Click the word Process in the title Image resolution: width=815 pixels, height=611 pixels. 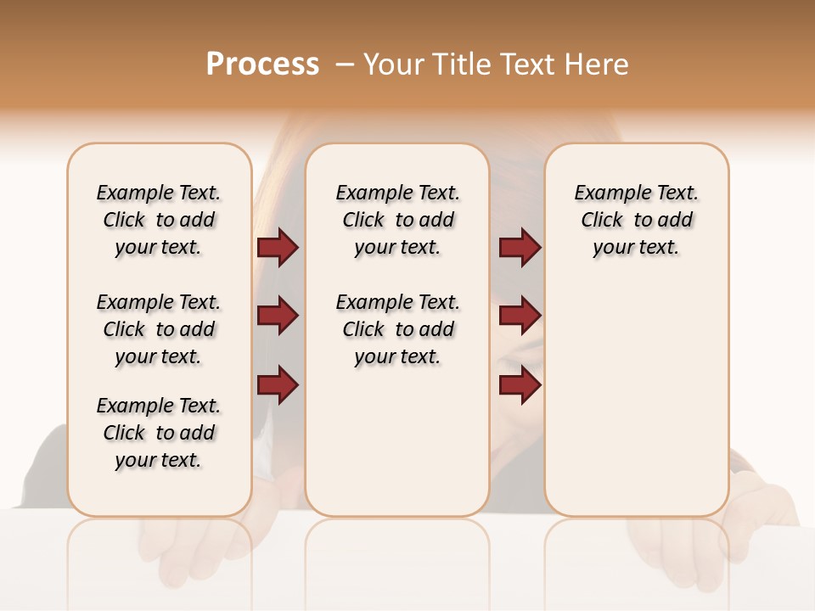pos(262,64)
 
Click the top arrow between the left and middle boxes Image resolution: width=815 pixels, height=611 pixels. pos(278,247)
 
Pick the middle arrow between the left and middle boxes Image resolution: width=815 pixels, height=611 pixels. pos(278,316)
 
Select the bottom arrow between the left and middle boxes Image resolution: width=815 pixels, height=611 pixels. pos(278,384)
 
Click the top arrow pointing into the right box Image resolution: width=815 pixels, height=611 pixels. pos(520,247)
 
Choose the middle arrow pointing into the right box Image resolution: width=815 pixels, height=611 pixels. pos(520,316)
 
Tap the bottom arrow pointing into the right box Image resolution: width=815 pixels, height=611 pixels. pos(520,384)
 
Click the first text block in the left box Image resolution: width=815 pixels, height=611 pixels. pos(159,220)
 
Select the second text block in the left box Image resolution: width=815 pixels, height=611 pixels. pos(159,329)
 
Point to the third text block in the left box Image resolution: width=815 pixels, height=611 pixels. pos(159,433)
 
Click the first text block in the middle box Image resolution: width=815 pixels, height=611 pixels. pos(397,220)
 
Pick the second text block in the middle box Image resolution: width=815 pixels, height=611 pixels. pos(397,329)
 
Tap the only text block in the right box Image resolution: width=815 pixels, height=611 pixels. pos(636,220)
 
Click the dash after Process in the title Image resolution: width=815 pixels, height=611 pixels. pos(345,64)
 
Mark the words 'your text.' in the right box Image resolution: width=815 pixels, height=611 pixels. pos(636,248)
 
